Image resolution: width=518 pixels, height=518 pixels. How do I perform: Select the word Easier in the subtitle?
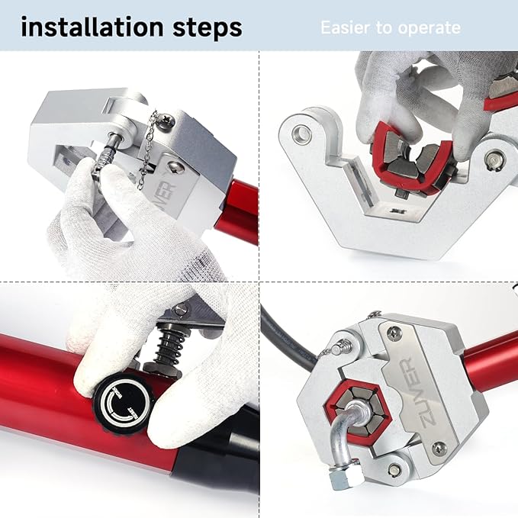click(345, 28)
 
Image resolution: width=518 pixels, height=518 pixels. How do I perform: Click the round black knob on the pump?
click(121, 397)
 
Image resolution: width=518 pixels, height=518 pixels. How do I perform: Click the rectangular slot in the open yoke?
click(356, 188)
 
